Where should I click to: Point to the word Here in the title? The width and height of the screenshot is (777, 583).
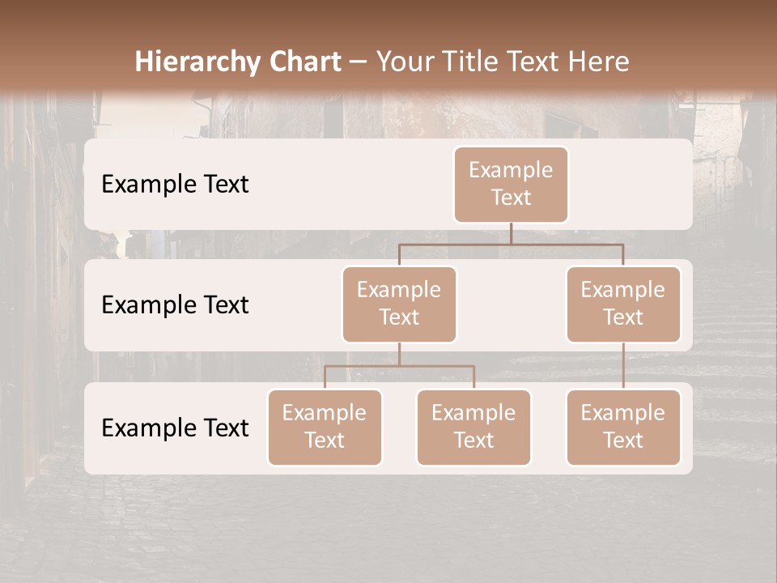pyautogui.click(x=599, y=62)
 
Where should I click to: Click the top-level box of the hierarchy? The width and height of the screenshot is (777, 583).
pyautogui.click(x=511, y=185)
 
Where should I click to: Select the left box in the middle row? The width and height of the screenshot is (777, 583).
pyautogui.click(x=399, y=304)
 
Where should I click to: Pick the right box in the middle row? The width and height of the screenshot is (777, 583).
pyautogui.click(x=623, y=304)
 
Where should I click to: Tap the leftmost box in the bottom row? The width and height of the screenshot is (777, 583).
pyautogui.click(x=325, y=428)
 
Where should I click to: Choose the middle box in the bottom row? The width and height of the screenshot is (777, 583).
pyautogui.click(x=473, y=428)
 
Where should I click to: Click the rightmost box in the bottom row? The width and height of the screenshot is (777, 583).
pyautogui.click(x=623, y=428)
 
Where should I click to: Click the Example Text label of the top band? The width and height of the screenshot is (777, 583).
pyautogui.click(x=175, y=185)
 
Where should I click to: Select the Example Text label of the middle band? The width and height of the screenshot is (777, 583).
pyautogui.click(x=175, y=305)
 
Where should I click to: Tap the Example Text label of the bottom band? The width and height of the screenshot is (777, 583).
pyautogui.click(x=175, y=428)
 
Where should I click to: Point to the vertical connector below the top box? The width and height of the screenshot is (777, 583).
pyautogui.click(x=511, y=233)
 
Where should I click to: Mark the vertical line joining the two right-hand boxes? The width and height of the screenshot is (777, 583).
pyautogui.click(x=623, y=366)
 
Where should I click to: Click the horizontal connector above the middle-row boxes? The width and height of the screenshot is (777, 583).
pyautogui.click(x=511, y=244)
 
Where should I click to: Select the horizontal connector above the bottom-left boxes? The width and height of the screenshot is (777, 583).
pyautogui.click(x=399, y=366)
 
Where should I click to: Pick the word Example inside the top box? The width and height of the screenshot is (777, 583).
pyautogui.click(x=511, y=170)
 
